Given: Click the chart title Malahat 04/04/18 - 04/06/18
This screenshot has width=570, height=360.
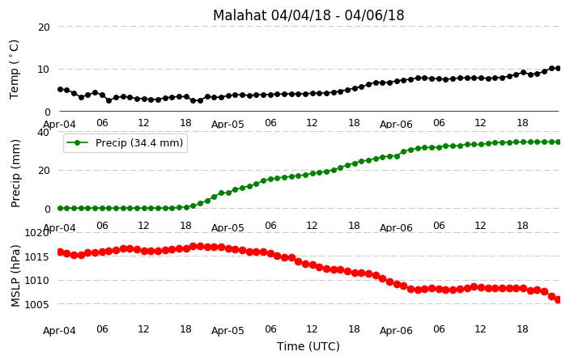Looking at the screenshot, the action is [308, 15].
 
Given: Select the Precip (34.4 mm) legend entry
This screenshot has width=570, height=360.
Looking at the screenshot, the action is [125, 143].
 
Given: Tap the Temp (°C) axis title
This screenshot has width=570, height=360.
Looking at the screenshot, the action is [14, 70].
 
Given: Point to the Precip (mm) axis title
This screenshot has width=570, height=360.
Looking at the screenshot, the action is [15, 173].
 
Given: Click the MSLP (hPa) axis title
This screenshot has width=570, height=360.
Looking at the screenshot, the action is [15, 276].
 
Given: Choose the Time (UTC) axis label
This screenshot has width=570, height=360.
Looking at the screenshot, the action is [308, 346].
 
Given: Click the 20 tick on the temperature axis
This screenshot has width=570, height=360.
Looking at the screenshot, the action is [44, 28].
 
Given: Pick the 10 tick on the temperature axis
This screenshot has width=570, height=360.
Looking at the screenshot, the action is [44, 70].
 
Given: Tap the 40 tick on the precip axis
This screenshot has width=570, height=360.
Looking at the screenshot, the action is [44, 132].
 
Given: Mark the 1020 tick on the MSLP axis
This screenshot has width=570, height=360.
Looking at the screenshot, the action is [36, 232].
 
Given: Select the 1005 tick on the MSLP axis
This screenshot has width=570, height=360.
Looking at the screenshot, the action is [36, 304].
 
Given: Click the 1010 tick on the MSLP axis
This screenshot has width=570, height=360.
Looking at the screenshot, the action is [36, 281].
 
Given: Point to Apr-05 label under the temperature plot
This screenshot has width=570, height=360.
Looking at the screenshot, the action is [228, 125].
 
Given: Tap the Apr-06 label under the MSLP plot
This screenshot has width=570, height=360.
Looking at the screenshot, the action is [396, 331].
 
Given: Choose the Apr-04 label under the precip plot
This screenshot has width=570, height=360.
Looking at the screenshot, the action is [59, 228].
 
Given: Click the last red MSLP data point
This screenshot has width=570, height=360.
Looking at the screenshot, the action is [559, 299].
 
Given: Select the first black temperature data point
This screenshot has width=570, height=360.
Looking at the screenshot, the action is [61, 89].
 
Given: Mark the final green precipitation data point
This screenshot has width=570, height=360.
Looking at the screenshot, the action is [559, 142].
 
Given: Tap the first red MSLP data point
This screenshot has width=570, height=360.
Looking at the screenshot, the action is [61, 252].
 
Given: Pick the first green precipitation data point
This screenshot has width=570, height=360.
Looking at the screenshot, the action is [61, 208].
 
